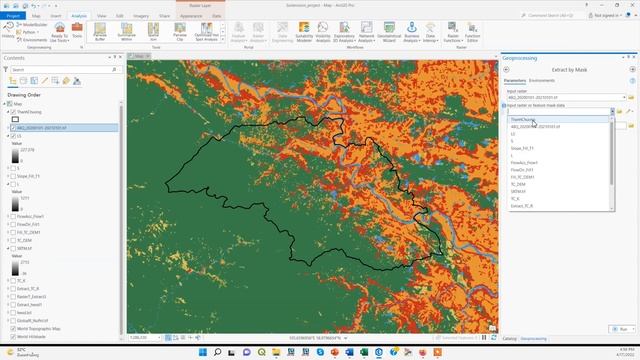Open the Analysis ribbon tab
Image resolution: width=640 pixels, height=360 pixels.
click(80, 17)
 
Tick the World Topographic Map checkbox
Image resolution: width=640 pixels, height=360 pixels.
click(11, 327)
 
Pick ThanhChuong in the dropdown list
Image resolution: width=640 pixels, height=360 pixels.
click(524, 119)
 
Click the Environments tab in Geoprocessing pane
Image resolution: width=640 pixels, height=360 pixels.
click(543, 80)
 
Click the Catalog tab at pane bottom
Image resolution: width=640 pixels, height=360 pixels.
click(510, 339)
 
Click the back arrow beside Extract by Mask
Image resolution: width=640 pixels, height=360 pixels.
click(506, 69)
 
